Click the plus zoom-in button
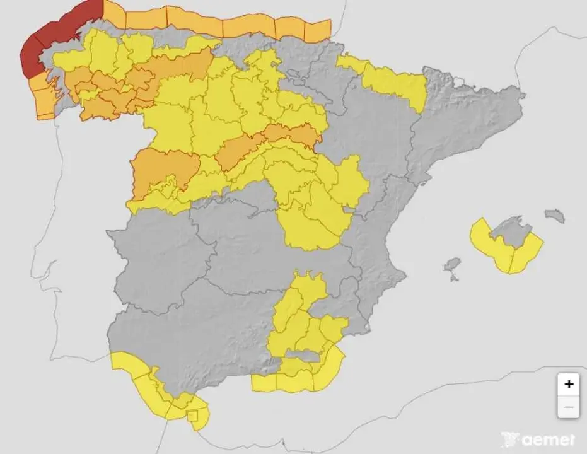point(569,383)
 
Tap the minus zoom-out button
point(569,407)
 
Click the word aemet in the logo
point(547,440)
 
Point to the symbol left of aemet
point(509,439)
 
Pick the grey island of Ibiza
point(452,265)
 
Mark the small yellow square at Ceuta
point(193,416)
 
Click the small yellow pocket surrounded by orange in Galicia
point(88,95)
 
